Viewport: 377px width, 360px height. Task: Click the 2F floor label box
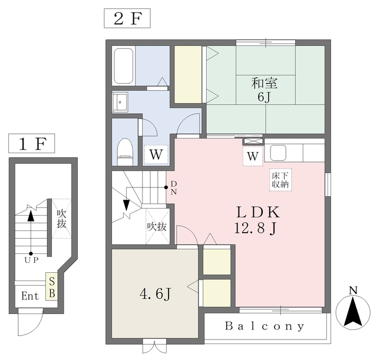point(127,18)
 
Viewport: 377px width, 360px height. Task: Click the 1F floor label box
point(32,143)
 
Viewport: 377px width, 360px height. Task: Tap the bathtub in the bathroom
point(124,66)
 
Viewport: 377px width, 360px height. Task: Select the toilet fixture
point(125,151)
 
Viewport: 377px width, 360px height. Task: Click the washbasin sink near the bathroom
point(120,102)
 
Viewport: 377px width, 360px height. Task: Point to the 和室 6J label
point(264,90)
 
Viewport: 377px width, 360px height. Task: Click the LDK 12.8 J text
point(257,220)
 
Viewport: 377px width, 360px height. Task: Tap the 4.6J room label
point(156,294)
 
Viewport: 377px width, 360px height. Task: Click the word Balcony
point(264,326)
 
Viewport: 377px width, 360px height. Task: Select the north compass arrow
point(353,312)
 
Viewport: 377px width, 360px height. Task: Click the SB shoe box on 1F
point(52,287)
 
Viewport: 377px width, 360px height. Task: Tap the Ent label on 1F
point(30,296)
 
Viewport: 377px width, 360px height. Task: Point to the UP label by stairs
point(31,260)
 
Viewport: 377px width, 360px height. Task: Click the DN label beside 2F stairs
point(174,188)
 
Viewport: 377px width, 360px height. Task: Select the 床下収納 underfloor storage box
point(280,180)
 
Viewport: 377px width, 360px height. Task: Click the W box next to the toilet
point(156,154)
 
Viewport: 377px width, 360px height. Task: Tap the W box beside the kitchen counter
point(253,156)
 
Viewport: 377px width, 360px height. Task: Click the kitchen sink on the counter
point(278,153)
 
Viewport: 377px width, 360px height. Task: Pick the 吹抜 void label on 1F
point(61,219)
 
